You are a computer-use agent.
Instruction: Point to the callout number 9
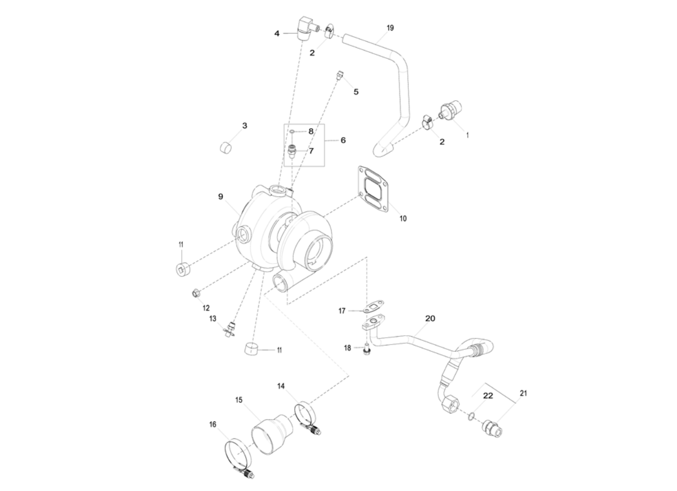pyautogui.click(x=221, y=197)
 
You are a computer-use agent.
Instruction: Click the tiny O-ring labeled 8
pyautogui.click(x=293, y=131)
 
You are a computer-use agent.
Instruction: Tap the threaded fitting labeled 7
pyautogui.click(x=293, y=151)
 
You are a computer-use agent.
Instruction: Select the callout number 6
pyautogui.click(x=343, y=140)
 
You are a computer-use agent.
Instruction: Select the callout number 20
pyautogui.click(x=430, y=318)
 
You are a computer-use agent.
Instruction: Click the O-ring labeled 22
pyautogui.click(x=471, y=416)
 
